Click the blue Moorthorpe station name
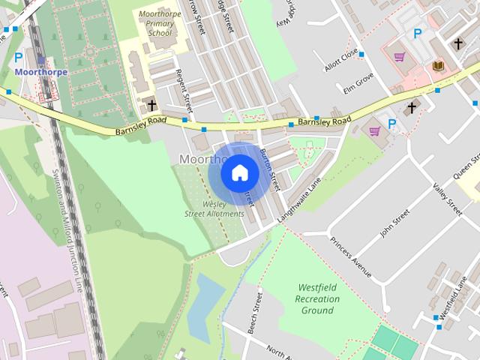pyautogui.click(x=40, y=72)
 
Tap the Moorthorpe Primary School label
pyautogui.click(x=155, y=23)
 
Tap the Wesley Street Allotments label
pyautogui.click(x=214, y=208)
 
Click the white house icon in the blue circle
pyautogui.click(x=239, y=173)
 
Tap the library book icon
pyautogui.click(x=439, y=67)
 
